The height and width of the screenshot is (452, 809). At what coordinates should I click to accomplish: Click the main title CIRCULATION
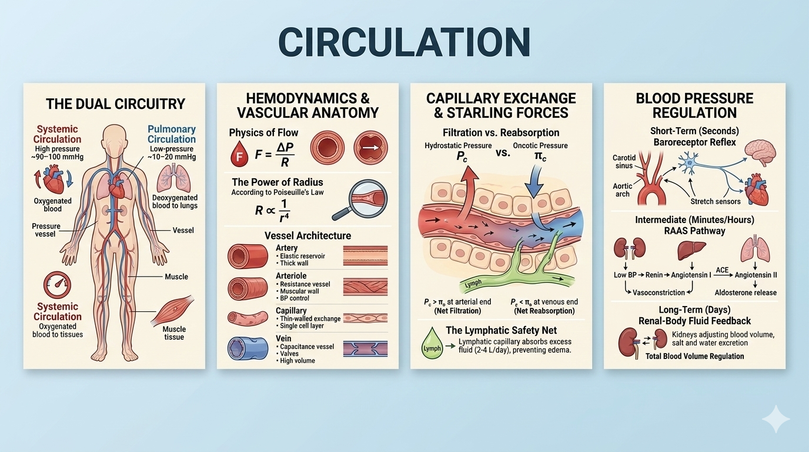click(404, 42)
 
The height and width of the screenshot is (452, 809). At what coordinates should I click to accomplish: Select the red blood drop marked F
click(239, 155)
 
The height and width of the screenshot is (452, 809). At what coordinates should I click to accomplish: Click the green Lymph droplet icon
click(432, 344)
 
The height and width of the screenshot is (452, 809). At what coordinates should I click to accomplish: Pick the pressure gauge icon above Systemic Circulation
click(58, 285)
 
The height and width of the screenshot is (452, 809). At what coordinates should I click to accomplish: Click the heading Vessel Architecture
click(307, 235)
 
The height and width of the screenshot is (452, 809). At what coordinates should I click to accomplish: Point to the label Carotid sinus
click(623, 162)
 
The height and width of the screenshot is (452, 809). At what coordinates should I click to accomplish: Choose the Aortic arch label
click(623, 190)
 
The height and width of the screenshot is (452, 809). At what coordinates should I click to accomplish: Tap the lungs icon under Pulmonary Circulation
click(174, 177)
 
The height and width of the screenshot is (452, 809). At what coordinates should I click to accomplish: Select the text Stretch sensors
click(716, 201)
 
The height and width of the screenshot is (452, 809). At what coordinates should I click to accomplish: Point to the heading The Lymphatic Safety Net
click(501, 330)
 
